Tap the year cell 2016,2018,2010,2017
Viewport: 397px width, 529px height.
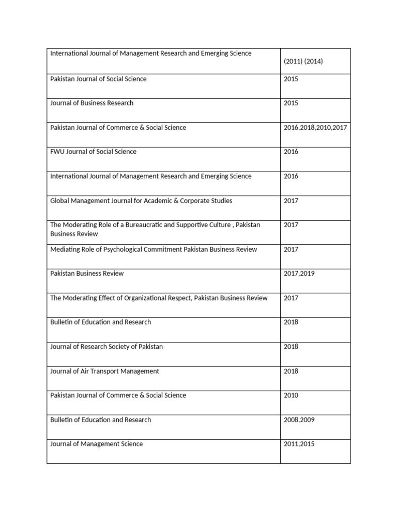pos(315,128)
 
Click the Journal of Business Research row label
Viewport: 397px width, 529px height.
pos(91,103)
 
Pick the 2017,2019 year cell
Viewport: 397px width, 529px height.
pos(299,273)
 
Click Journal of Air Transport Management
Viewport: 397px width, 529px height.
pos(104,371)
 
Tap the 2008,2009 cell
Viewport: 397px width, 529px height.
pos(299,420)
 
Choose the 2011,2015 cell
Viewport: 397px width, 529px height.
pos(299,444)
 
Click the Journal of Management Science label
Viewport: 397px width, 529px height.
pos(96,444)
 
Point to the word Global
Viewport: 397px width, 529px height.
pos(60,201)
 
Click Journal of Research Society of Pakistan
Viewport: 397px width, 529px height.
pos(106,347)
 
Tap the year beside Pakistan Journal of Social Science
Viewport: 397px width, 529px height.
pos(291,79)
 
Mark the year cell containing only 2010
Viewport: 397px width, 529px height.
pos(291,396)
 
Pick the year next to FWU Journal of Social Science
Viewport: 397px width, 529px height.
pos(291,152)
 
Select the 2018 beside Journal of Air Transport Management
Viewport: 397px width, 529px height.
pos(291,371)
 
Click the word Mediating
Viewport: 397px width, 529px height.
pos(65,250)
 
